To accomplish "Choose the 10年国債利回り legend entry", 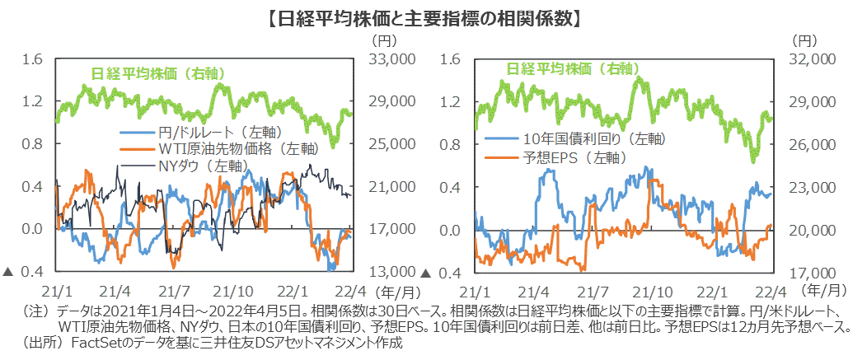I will click(x=582, y=138).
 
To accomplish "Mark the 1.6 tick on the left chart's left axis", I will click(x=33, y=59).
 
